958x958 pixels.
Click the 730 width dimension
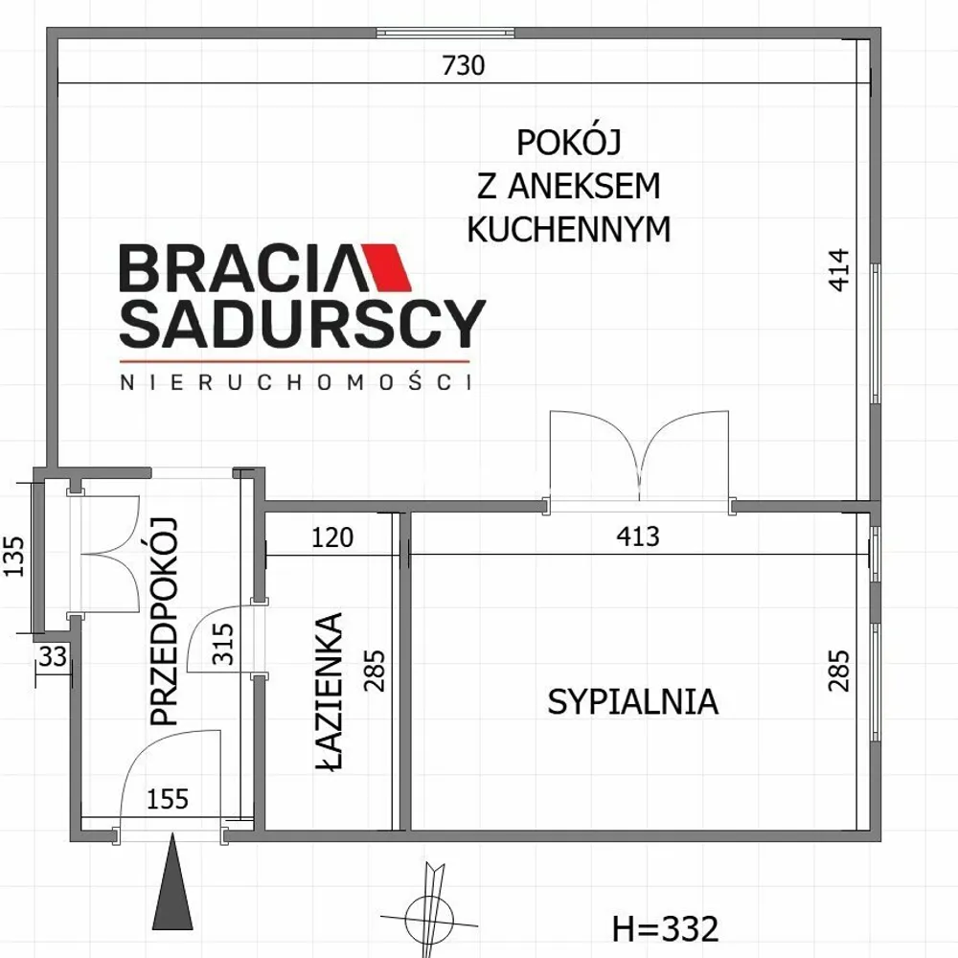(x=463, y=65)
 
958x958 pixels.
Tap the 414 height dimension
(x=839, y=269)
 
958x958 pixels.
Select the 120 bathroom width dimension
(x=332, y=537)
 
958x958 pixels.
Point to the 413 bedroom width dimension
(x=638, y=536)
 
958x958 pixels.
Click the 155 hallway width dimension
(x=168, y=799)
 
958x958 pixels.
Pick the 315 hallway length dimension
(x=223, y=644)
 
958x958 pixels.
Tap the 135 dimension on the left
(x=14, y=556)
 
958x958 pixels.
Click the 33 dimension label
(x=53, y=657)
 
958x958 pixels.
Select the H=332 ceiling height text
(x=666, y=929)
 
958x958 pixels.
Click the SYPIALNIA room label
(x=632, y=701)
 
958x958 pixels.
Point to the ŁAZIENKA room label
(x=330, y=692)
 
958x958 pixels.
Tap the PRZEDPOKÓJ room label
(x=163, y=622)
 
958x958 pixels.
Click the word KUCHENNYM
(x=568, y=229)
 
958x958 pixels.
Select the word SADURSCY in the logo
(x=303, y=323)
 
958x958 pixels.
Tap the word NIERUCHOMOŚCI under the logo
(x=296, y=381)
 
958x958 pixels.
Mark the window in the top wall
(x=445, y=33)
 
